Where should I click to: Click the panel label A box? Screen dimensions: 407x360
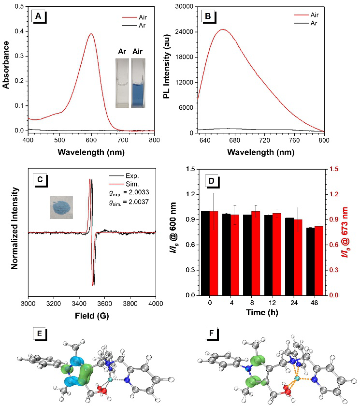(38, 17)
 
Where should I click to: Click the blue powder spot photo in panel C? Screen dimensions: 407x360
(61, 207)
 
